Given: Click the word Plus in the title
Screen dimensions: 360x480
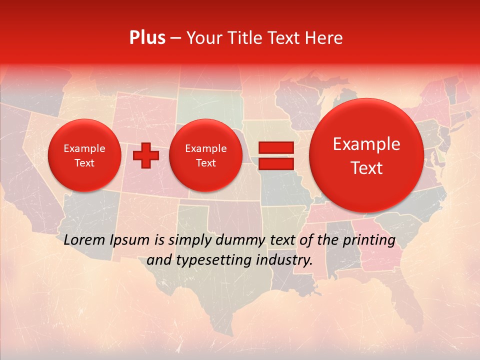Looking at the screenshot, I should pyautogui.click(x=147, y=38).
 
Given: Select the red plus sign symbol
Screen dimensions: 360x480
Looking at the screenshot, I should pyautogui.click(x=145, y=155).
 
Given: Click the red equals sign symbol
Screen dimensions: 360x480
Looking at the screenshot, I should pyautogui.click(x=275, y=155).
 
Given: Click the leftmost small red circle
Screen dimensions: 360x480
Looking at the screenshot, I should pyautogui.click(x=84, y=155).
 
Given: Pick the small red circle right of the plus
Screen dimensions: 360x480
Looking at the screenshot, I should pyautogui.click(x=205, y=155).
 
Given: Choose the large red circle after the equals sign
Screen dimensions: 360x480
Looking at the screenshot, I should pyautogui.click(x=366, y=155).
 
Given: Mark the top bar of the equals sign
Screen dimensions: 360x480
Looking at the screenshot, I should pyautogui.click(x=275, y=147).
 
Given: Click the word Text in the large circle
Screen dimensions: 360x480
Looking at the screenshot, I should pyautogui.click(x=366, y=168).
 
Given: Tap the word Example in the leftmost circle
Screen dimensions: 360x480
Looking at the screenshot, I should pyautogui.click(x=84, y=148).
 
